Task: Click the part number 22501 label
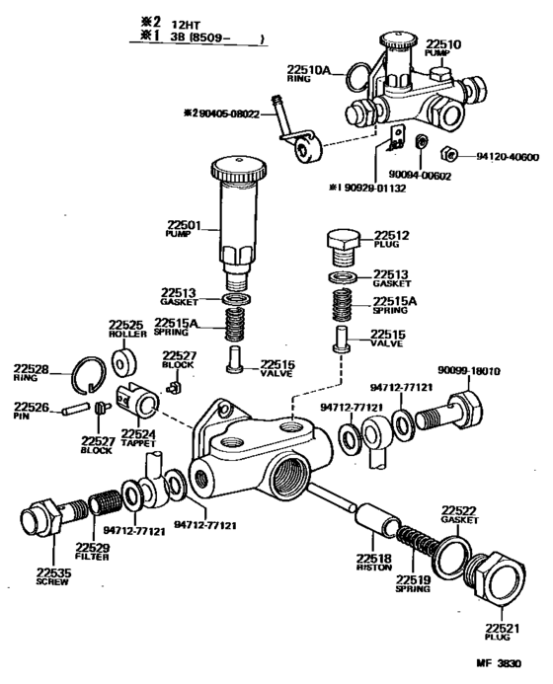183,226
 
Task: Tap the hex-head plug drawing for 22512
342,243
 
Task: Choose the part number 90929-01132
387,187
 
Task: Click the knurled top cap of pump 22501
240,168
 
